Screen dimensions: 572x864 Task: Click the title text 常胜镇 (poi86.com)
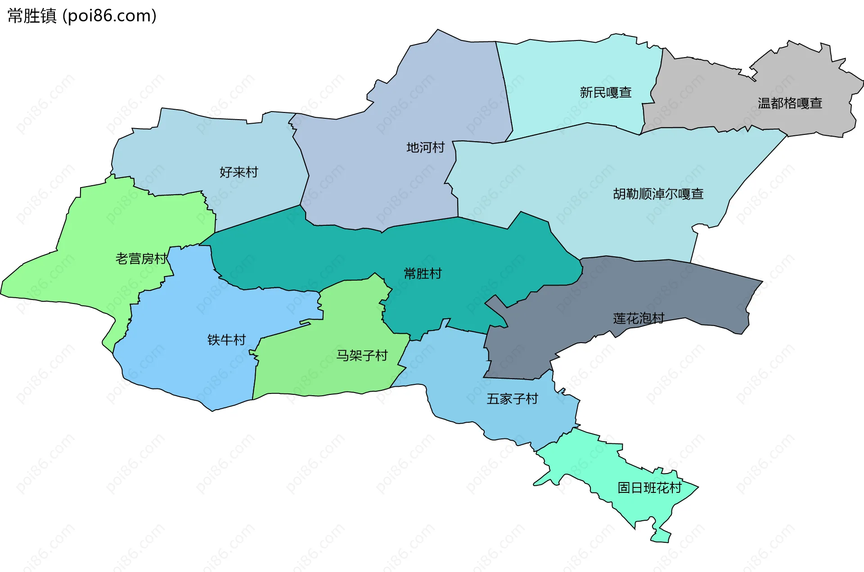[82, 16]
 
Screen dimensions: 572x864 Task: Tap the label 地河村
[425, 147]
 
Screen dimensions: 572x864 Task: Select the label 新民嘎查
[605, 93]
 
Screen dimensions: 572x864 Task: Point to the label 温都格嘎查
[790, 103]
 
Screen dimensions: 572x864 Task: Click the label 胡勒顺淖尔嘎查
[658, 194]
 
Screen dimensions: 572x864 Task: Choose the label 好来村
[238, 172]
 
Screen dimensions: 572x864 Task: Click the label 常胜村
[423, 273]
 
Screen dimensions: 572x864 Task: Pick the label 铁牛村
[226, 340]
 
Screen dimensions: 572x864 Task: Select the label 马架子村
[362, 356]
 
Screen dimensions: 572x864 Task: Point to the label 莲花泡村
[639, 318]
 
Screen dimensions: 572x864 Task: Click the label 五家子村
[512, 399]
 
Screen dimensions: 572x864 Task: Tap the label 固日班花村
[649, 488]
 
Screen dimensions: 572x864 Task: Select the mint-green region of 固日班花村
[639, 508]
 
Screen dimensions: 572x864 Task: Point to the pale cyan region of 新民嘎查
[562, 67]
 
